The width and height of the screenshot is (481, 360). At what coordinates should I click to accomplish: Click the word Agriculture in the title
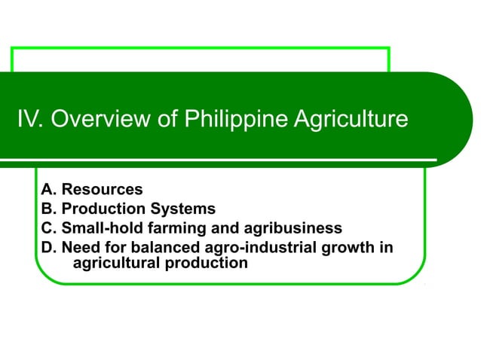[352, 120]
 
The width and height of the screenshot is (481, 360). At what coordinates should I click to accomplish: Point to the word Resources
[102, 190]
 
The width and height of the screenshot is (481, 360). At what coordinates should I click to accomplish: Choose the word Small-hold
[99, 227]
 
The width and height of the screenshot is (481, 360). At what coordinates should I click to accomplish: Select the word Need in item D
[79, 246]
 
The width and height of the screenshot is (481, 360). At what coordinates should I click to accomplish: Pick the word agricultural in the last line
[115, 264]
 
